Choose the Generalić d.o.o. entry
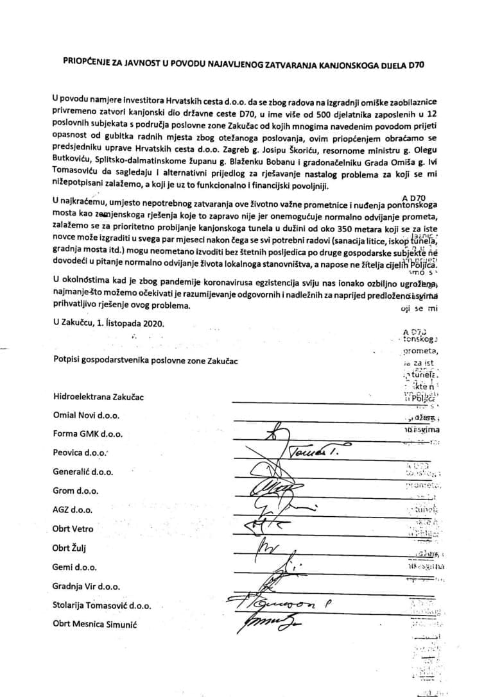tap(83, 472)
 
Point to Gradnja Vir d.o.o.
tap(87, 586)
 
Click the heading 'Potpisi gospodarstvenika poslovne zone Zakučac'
tap(146, 361)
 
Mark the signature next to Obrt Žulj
tap(264, 548)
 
